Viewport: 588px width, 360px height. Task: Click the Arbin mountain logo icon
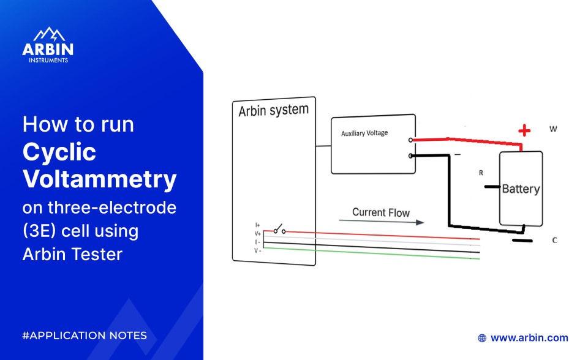tap(48, 34)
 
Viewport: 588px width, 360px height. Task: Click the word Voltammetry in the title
tap(100, 180)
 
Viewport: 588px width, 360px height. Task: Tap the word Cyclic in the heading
tap(59, 152)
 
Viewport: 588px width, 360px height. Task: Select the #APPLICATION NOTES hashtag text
tap(85, 336)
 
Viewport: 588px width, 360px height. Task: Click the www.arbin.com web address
tap(529, 337)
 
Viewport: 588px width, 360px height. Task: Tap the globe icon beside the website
tap(482, 337)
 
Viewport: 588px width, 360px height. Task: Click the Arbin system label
tap(273, 111)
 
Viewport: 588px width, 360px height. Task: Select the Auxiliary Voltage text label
tap(364, 133)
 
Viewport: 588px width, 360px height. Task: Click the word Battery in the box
tap(521, 189)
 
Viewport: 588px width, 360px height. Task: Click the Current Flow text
tap(380, 212)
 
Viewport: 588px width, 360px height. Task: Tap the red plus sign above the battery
tap(524, 130)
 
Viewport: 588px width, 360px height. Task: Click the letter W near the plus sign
tap(553, 129)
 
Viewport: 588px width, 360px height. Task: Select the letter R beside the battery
tap(481, 173)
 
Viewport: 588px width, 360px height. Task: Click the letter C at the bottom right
tap(554, 240)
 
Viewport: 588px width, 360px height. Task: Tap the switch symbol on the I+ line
tap(280, 230)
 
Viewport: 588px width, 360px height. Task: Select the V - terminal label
tap(258, 249)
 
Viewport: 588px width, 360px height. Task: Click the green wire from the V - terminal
tap(367, 253)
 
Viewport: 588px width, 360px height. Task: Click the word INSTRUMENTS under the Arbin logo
tap(48, 60)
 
